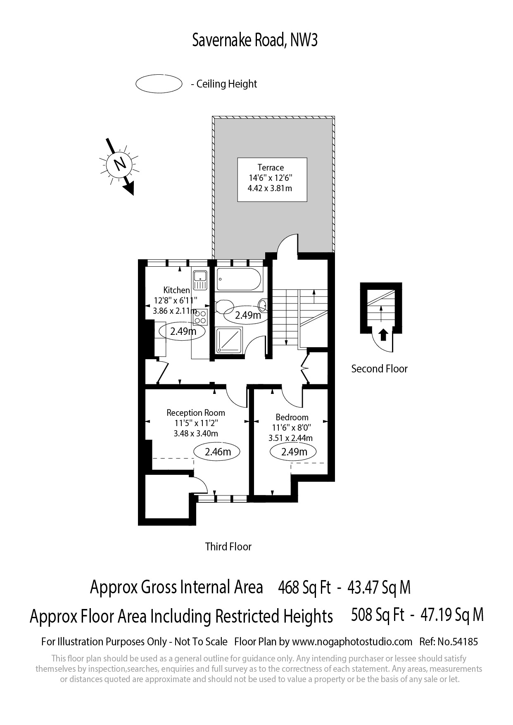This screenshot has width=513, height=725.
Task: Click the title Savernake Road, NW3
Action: coord(255,40)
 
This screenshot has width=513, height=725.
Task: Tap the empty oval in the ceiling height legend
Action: coord(159,84)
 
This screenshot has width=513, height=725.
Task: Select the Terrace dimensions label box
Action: coord(272,179)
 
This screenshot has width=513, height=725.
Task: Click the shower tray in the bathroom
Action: coord(230,341)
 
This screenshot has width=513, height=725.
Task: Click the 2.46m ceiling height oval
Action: coord(218,452)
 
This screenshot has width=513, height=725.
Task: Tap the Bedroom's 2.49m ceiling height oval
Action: coord(293,452)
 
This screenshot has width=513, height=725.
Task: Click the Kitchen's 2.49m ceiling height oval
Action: coord(182,331)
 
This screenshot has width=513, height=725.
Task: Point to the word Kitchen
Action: coord(176,290)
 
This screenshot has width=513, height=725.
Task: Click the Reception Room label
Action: coord(196,412)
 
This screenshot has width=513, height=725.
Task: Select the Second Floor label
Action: coord(379,369)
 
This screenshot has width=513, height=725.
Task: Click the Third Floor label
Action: coord(228,547)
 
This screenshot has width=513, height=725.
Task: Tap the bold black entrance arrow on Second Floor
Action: coord(383,334)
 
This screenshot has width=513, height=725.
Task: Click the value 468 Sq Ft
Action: coord(305,587)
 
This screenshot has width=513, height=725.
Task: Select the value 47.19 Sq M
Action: coord(452,615)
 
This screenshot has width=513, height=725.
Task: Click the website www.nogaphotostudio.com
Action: coord(352,642)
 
